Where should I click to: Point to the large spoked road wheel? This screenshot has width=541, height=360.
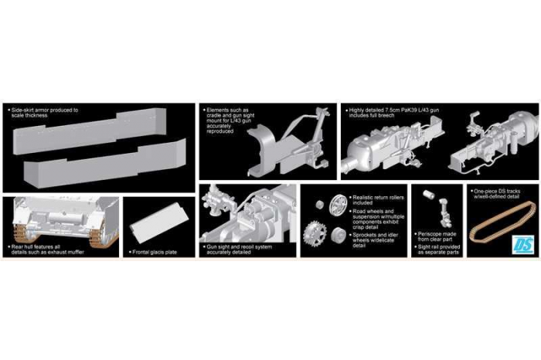(x=337, y=205)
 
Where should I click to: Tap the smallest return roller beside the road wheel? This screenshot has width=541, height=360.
(x=318, y=204)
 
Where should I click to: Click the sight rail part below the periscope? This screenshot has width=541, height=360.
(x=443, y=209)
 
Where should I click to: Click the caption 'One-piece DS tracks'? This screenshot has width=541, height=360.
(x=502, y=188)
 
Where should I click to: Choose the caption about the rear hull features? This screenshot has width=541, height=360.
(x=45, y=248)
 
